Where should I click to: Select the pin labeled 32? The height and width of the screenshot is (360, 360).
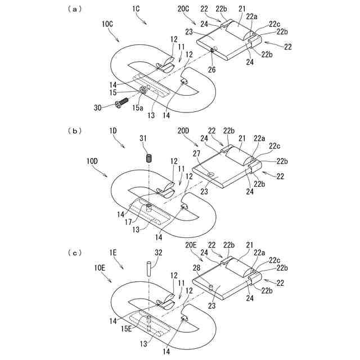pos(147,267)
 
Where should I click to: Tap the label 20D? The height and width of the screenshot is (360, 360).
pos(184,130)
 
